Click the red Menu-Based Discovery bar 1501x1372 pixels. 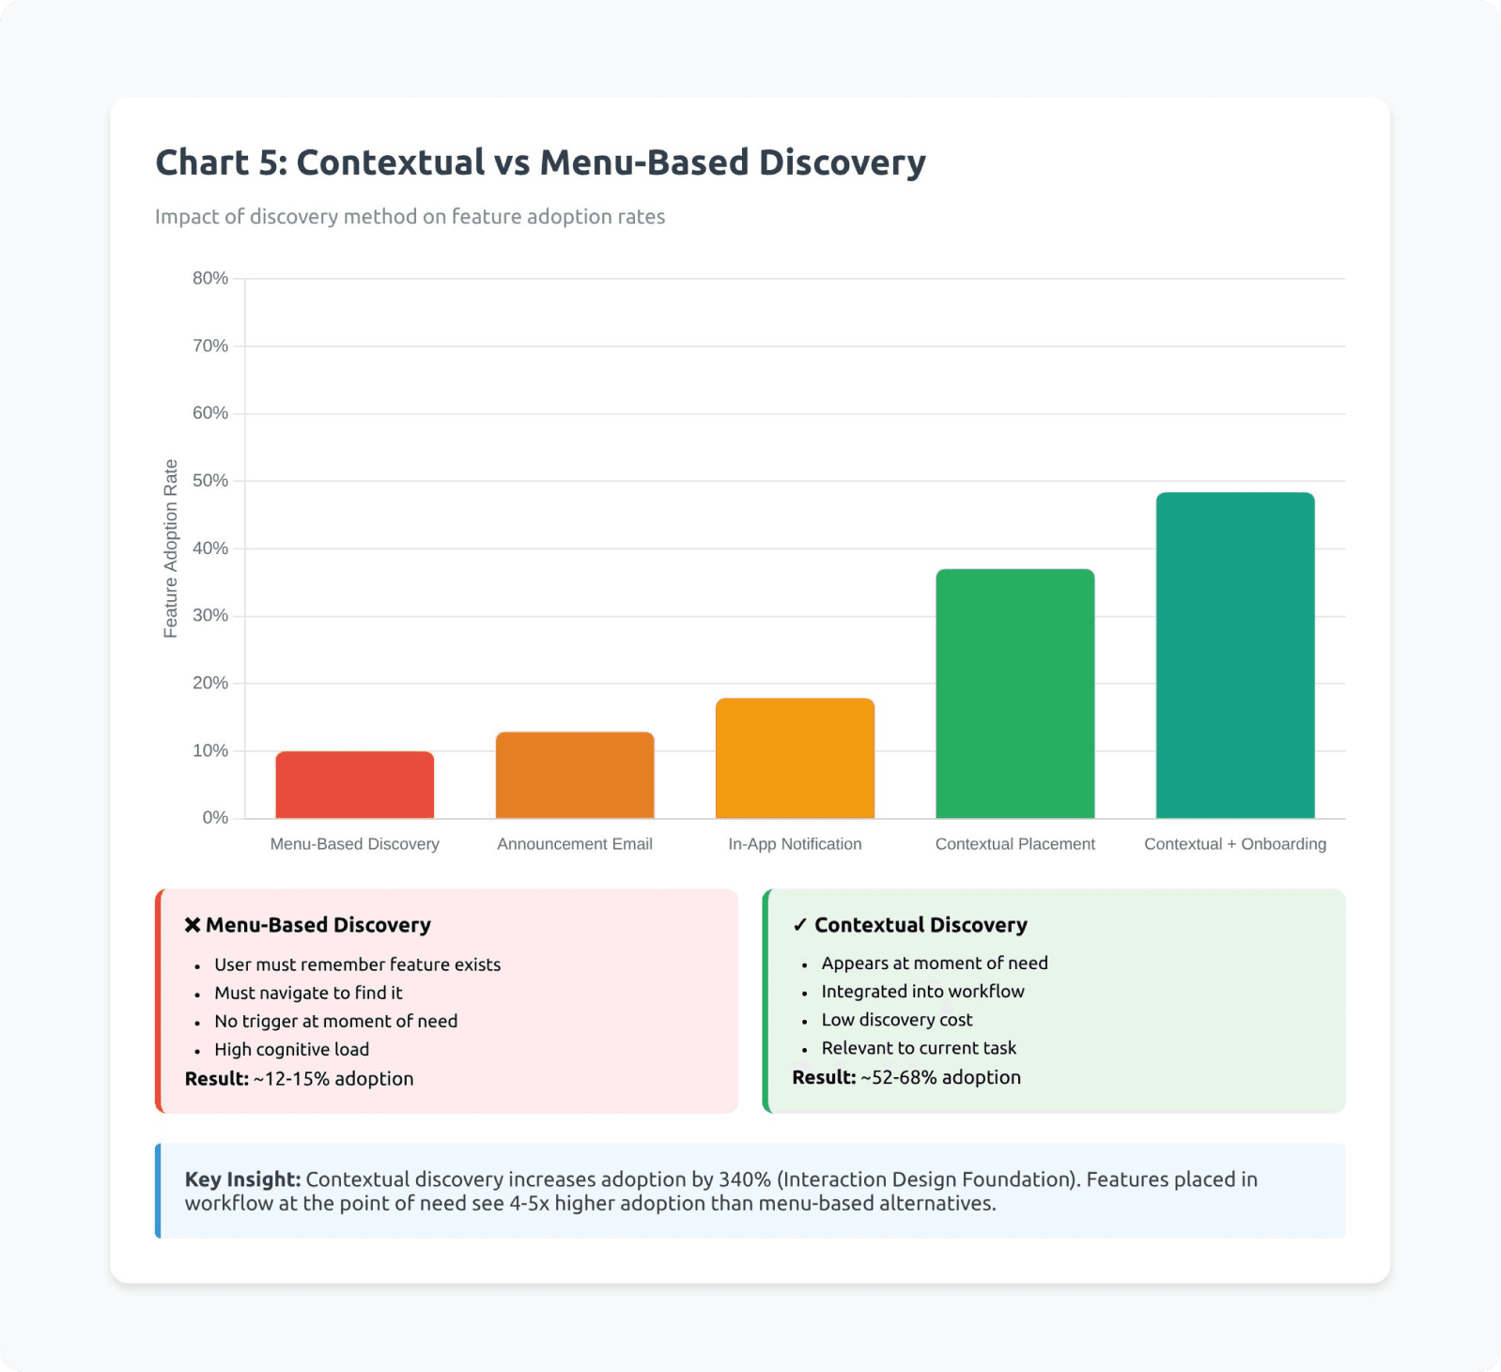[354, 785]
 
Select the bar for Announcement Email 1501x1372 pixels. [575, 775]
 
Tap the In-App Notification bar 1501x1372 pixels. [795, 759]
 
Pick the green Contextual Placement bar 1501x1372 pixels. [1014, 694]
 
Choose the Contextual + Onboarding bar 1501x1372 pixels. [1234, 655]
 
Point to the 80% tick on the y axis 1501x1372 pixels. [210, 278]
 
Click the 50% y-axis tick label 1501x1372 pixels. [210, 481]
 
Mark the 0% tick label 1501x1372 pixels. [215, 818]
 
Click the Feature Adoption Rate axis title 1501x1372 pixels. [170, 548]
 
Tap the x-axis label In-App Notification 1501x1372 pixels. [795, 844]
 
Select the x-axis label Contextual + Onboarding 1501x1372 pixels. [1234, 844]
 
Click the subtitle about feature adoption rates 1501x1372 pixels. [410, 217]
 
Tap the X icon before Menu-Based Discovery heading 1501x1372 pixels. [193, 925]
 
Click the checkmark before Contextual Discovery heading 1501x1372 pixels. [799, 925]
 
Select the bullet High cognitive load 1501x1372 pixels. [291, 1050]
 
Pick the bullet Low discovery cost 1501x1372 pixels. [896, 1020]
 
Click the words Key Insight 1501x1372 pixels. [242, 1179]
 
